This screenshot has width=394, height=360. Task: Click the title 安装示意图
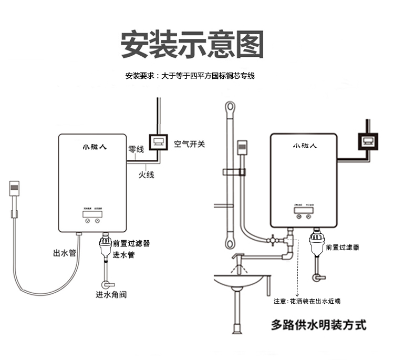(192, 45)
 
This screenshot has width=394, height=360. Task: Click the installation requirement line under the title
(190, 76)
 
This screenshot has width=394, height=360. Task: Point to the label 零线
(136, 150)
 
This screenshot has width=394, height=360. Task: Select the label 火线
(147, 174)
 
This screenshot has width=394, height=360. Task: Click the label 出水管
(65, 253)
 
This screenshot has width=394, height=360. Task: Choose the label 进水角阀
(111, 294)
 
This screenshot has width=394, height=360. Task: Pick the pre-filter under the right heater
(316, 245)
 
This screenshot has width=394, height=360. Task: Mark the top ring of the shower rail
(229, 108)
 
